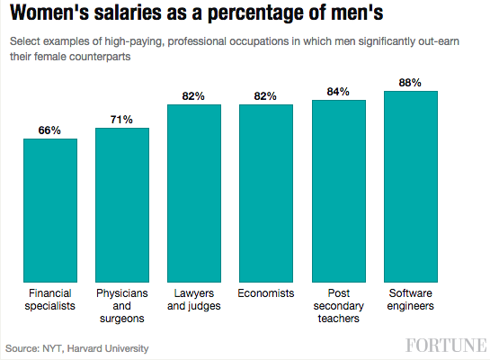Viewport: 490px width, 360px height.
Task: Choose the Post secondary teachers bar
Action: (339, 190)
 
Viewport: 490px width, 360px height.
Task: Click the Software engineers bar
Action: (411, 185)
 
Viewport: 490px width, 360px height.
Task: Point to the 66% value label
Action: (50, 130)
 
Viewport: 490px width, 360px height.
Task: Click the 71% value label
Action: (122, 119)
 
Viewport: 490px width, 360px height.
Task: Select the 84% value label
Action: (339, 91)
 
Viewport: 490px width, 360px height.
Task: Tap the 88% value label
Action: (411, 82)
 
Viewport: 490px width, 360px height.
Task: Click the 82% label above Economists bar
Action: (266, 95)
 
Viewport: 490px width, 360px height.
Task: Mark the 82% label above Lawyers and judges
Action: (194, 95)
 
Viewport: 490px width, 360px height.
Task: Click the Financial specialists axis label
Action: (50, 300)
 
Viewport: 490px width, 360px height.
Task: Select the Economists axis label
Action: (266, 293)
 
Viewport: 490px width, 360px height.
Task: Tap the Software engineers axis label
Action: (411, 300)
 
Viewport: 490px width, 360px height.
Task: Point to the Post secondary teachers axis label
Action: (339, 306)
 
